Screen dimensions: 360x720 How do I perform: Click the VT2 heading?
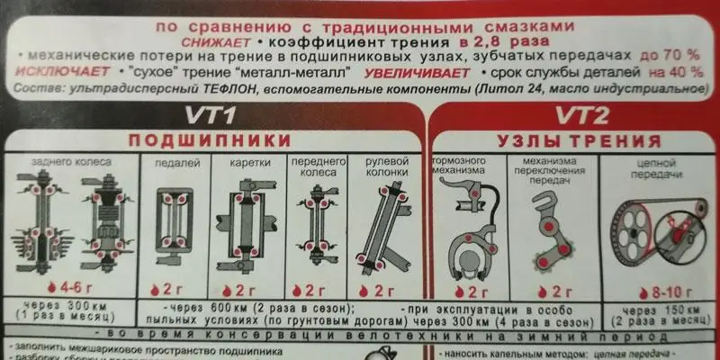point(582,115)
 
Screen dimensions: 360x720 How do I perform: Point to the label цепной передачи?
point(655,166)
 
